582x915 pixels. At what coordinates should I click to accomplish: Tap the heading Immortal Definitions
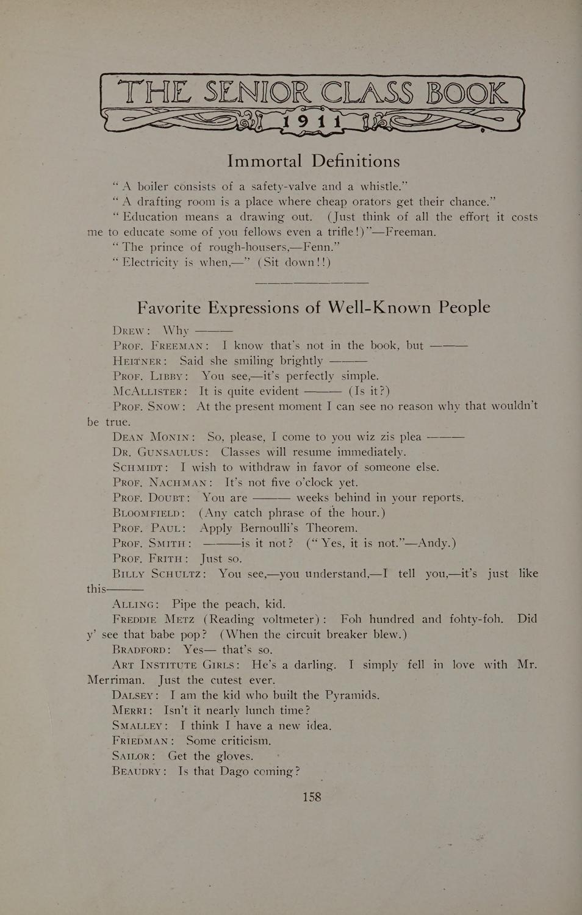pyautogui.click(x=314, y=161)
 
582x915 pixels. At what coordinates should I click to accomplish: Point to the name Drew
pyautogui.click(x=130, y=331)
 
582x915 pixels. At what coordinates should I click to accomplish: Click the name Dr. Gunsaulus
pyautogui.click(x=160, y=453)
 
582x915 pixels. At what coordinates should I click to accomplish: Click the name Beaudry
pyautogui.click(x=138, y=772)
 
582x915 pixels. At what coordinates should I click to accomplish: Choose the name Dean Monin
pyautogui.click(x=153, y=437)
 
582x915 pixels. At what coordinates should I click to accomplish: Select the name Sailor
pyautogui.click(x=132, y=756)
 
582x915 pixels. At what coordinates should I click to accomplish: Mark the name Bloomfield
pyautogui.click(x=148, y=513)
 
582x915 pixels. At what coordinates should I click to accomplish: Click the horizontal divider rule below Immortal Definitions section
pyautogui.click(x=312, y=282)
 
